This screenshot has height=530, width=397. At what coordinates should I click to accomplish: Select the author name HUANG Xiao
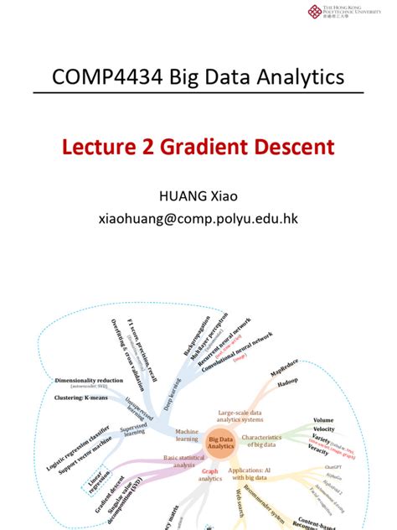click(198, 196)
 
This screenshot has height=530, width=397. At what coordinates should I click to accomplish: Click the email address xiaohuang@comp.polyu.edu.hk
click(198, 219)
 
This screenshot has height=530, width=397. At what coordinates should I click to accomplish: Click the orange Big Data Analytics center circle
click(220, 443)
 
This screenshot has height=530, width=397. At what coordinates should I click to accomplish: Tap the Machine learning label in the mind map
click(187, 435)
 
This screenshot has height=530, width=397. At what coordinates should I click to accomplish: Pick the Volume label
click(323, 419)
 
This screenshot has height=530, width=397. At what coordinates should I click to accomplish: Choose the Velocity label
click(323, 429)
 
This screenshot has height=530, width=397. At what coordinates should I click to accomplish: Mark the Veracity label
click(318, 450)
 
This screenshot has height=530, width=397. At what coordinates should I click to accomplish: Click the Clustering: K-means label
click(88, 397)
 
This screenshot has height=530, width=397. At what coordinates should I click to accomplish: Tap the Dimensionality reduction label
click(88, 380)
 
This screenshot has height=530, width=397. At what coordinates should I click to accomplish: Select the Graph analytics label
click(211, 475)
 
